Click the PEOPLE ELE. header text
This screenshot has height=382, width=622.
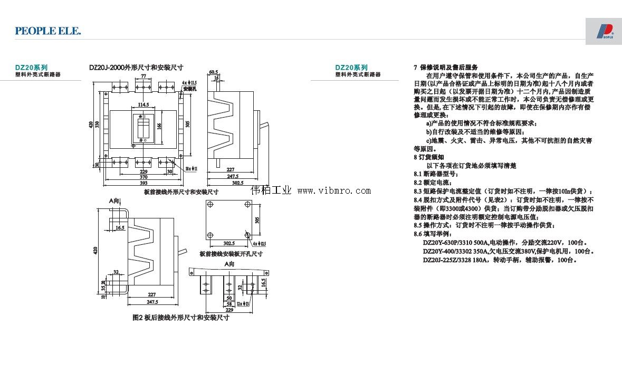tap(48, 31)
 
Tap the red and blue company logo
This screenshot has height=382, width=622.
tap(604, 31)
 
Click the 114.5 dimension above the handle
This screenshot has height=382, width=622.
tap(143, 104)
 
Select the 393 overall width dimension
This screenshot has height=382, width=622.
tap(143, 183)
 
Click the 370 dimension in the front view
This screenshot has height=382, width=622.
tap(143, 177)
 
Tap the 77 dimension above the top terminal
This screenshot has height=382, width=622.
tap(143, 77)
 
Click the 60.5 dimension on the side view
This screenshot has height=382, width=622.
tap(213, 72)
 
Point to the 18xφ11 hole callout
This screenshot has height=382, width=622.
tap(191, 168)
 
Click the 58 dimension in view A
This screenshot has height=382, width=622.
tap(229, 304)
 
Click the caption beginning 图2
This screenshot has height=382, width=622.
tap(180, 318)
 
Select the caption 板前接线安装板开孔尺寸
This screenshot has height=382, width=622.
tap(231, 254)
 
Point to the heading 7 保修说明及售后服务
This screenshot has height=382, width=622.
tap(445, 68)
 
